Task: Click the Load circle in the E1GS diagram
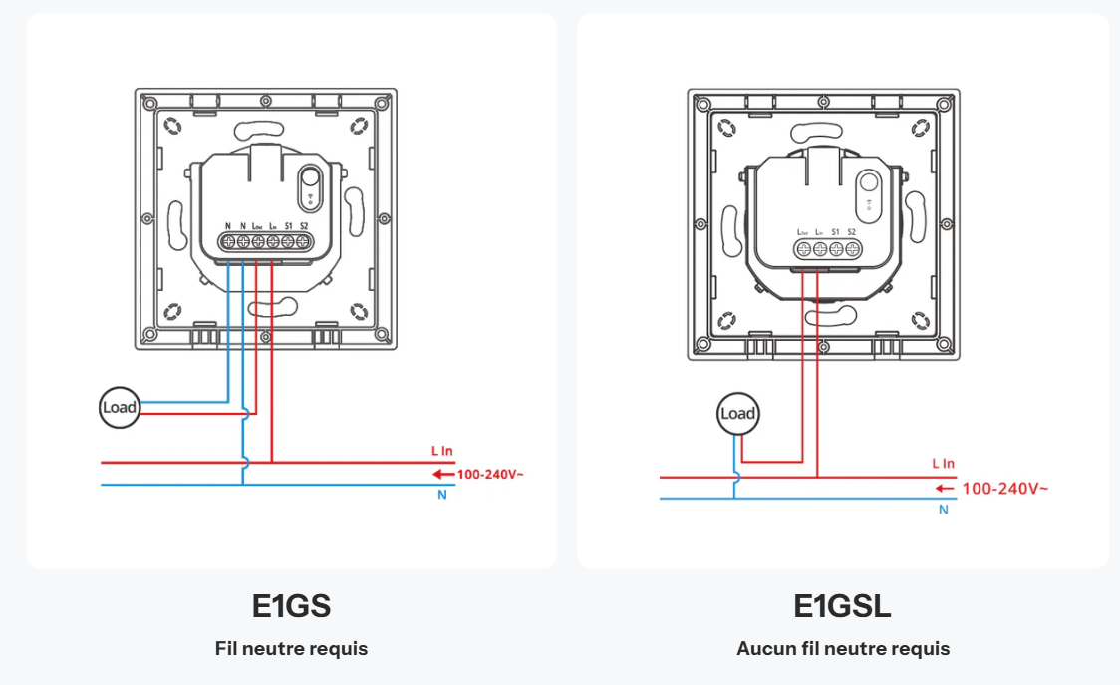(120, 407)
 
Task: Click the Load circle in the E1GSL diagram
(737, 414)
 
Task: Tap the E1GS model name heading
(291, 606)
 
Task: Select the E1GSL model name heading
(842, 606)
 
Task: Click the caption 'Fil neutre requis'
(291, 649)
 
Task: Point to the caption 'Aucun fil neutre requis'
(843, 649)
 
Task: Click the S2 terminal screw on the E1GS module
(303, 241)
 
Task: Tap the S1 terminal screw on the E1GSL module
(836, 249)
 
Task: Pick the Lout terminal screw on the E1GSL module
(803, 249)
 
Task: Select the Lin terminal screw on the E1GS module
(272, 241)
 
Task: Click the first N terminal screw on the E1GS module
(228, 241)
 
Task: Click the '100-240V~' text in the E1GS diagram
(490, 474)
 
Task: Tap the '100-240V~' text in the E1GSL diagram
(1004, 489)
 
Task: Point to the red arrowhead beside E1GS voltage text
(447, 474)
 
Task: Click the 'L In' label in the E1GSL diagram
(943, 464)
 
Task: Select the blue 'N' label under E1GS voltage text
(442, 496)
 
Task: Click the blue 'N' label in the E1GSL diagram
(943, 510)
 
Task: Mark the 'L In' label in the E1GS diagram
(442, 452)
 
